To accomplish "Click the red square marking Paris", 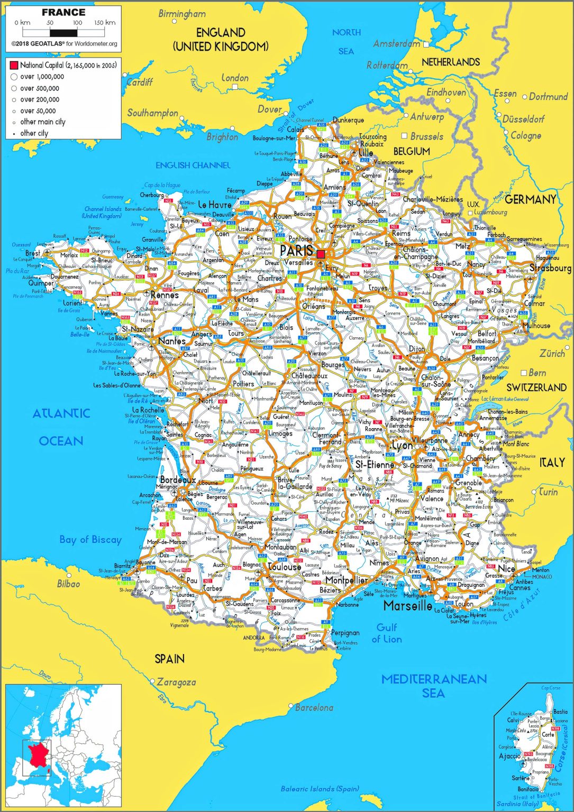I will (321, 254).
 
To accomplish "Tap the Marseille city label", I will (407, 606).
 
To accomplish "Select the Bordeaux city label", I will (178, 481).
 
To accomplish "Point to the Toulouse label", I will (285, 567).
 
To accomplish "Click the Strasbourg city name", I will (550, 268).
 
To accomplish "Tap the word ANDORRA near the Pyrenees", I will (253, 638).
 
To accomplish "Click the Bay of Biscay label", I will (90, 540).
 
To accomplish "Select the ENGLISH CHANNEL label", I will (193, 165).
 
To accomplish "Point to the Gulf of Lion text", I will (387, 633).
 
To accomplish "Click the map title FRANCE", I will (63, 12).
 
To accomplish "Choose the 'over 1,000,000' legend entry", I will (42, 77).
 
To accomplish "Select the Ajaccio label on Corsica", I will (509, 756).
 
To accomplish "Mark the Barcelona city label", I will (314, 707).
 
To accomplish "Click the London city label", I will (235, 78).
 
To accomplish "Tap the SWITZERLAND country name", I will (536, 387).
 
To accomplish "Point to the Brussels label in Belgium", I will (426, 136).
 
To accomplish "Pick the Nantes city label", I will (172, 342).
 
